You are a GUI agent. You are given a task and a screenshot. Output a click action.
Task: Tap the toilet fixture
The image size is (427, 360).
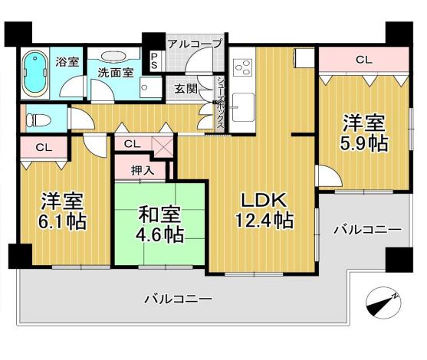click(x=38, y=119)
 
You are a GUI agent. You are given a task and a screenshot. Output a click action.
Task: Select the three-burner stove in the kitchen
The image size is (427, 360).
click(x=242, y=67)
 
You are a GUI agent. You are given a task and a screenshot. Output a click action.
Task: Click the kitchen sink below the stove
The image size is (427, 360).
click(x=243, y=107)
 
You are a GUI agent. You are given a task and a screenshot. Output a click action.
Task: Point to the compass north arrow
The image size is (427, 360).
click(x=383, y=303)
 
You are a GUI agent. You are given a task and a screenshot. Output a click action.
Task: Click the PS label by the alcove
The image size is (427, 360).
click(x=154, y=61)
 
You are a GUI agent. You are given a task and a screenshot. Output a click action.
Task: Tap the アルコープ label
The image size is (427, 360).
click(x=195, y=44)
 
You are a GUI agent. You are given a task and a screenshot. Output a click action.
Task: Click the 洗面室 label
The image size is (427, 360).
click(x=116, y=72)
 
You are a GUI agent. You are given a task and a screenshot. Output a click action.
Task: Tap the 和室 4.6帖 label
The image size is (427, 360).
click(x=159, y=224)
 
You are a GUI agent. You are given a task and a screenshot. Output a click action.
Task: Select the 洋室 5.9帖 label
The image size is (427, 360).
click(x=363, y=133)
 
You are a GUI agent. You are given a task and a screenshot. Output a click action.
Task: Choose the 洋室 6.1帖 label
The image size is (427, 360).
click(x=62, y=211)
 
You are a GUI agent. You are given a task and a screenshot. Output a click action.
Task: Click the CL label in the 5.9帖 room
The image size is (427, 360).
click(x=364, y=60)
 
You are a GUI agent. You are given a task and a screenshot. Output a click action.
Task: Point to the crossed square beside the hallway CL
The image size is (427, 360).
click(x=163, y=146)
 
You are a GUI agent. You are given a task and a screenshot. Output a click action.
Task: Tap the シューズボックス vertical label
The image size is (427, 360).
click(x=220, y=104)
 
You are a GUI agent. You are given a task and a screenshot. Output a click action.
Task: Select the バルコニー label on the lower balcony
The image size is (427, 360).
click(x=178, y=299)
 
